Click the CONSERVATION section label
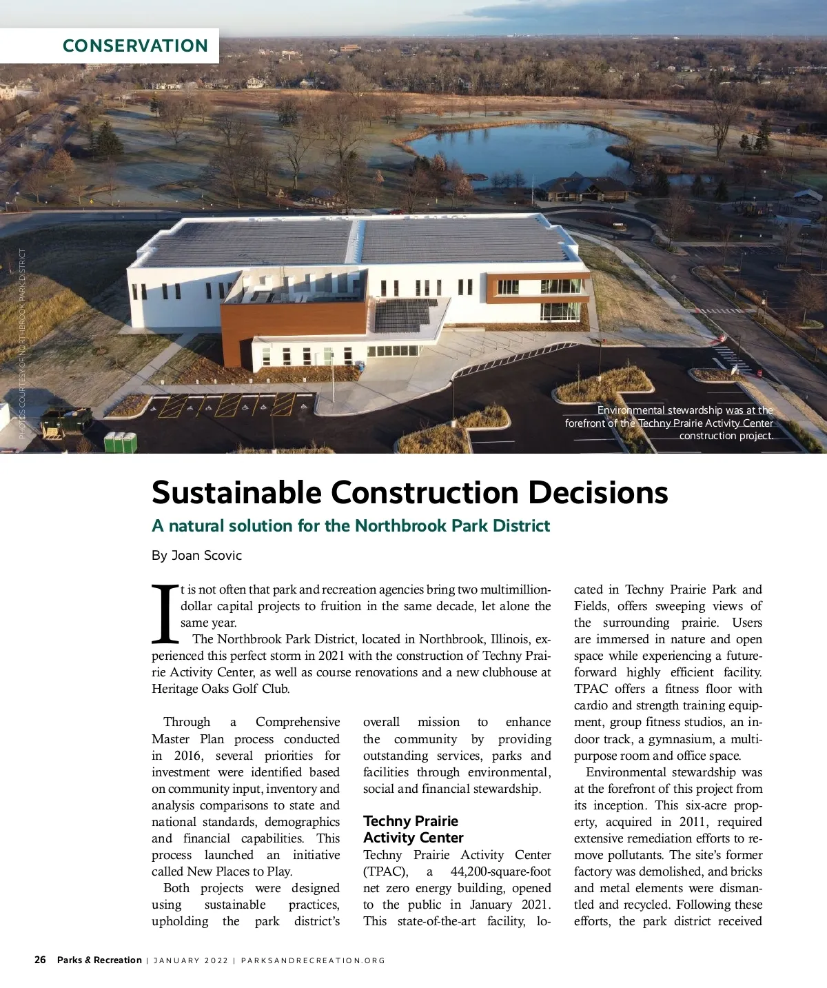135,46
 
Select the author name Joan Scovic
206,555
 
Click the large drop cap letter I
164,613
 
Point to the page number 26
41,960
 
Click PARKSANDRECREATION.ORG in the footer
313,960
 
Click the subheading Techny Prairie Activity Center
413,829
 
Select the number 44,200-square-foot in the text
500,871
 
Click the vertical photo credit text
22,343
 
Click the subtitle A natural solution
351,526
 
